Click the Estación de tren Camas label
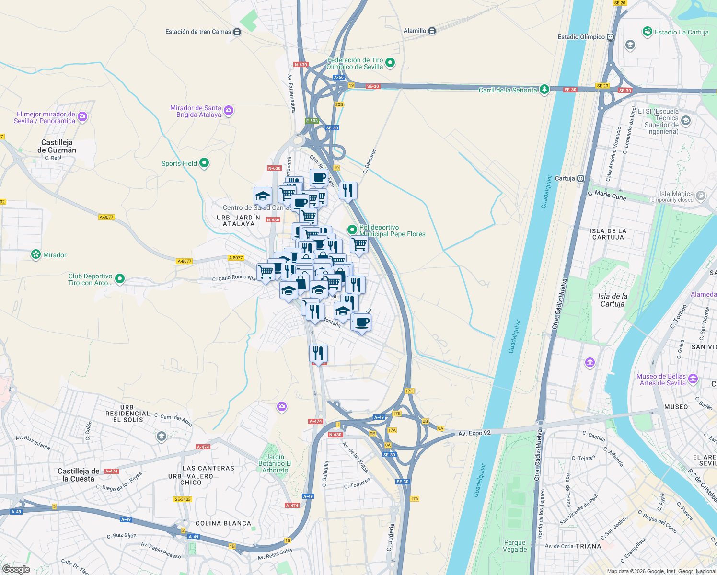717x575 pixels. pos(198,32)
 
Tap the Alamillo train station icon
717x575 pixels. pos(432,31)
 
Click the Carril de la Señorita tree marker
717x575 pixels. pos(544,90)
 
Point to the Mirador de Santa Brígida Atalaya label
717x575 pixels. pos(196,111)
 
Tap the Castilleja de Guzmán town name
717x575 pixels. pos(57,146)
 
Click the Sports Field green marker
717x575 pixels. pos(204,163)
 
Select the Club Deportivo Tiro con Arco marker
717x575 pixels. pos(120,278)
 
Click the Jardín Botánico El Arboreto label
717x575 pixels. pos(275,463)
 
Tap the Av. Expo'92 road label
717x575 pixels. pos(474,433)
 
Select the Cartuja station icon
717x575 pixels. pos(580,178)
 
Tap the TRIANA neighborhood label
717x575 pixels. pos(588,546)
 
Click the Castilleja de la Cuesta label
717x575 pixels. pos(79,475)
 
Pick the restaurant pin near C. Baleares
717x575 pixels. pos(348,191)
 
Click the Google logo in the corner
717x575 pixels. pos(16,569)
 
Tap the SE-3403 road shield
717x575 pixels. pos(183,499)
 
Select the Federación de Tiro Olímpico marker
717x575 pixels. pos(390,62)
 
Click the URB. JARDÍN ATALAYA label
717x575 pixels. pos(238,220)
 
